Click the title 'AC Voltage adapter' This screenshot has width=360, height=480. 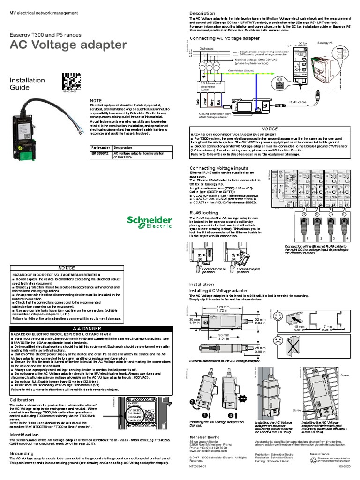point(68,45)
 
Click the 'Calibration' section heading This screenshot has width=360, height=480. point(22,400)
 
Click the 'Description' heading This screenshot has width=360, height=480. point(202,13)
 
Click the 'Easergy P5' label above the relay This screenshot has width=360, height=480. point(325,43)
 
